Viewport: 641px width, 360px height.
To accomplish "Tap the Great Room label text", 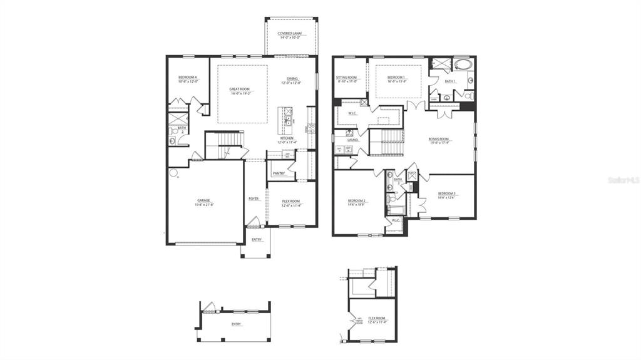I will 240,89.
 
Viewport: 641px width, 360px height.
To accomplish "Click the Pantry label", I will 279,173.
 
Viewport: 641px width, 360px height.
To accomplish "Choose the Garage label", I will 204,200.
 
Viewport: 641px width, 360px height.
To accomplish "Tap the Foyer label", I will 254,198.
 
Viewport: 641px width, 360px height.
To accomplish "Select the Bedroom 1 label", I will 396,77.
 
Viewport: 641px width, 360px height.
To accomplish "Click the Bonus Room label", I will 438,139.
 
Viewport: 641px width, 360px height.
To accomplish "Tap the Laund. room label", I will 352,140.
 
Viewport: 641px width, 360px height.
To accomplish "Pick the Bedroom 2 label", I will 357,200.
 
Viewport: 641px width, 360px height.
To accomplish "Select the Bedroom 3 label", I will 447,193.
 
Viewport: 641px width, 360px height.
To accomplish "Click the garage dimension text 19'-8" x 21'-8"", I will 204,205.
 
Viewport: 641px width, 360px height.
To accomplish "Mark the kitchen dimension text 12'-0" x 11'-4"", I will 288,142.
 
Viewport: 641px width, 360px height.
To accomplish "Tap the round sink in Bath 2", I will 172,141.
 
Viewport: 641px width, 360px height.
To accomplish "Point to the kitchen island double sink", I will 288,115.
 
